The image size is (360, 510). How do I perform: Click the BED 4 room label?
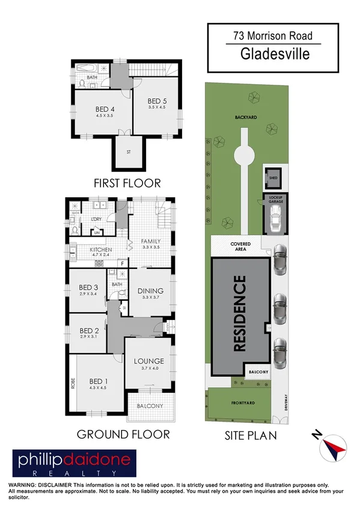(x=103, y=109)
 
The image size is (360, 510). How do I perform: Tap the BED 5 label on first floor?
(x=156, y=100)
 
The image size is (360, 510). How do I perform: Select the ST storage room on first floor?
(x=129, y=153)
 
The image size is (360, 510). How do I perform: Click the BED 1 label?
(x=99, y=381)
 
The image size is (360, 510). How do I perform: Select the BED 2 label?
(x=89, y=331)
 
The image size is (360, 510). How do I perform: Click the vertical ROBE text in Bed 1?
(x=73, y=382)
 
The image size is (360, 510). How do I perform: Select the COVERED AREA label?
(x=239, y=245)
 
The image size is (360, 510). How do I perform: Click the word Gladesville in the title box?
(x=275, y=55)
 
